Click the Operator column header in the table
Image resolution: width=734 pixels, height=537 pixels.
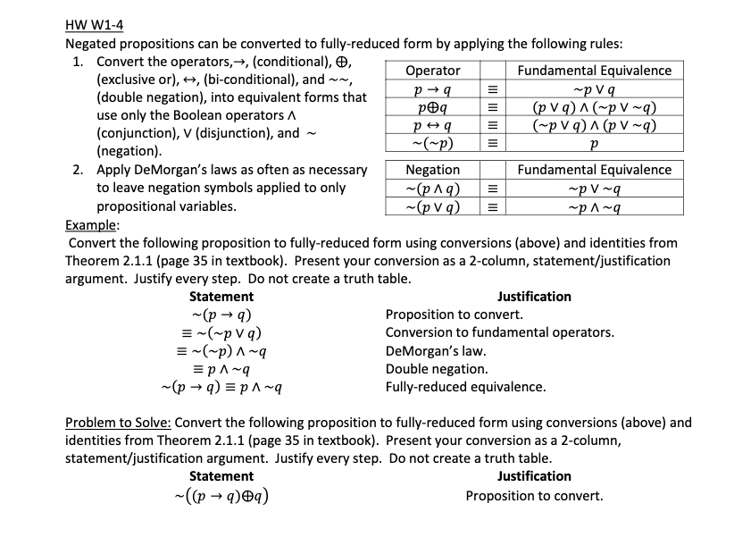(432, 71)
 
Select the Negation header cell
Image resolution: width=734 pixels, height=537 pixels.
(432, 170)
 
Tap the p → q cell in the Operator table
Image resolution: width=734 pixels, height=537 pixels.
(432, 90)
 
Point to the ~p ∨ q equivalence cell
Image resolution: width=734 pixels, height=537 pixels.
(594, 90)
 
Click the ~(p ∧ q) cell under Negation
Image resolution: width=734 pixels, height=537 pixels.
(432, 189)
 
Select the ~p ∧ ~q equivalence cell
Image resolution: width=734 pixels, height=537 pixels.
(594, 207)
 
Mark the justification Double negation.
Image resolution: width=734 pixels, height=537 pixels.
(436, 369)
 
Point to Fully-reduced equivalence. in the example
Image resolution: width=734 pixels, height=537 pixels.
(465, 387)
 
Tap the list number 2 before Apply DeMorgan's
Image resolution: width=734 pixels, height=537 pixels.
(78, 170)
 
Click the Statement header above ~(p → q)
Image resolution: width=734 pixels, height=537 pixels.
(221, 297)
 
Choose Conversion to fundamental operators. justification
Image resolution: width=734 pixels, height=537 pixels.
(499, 332)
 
